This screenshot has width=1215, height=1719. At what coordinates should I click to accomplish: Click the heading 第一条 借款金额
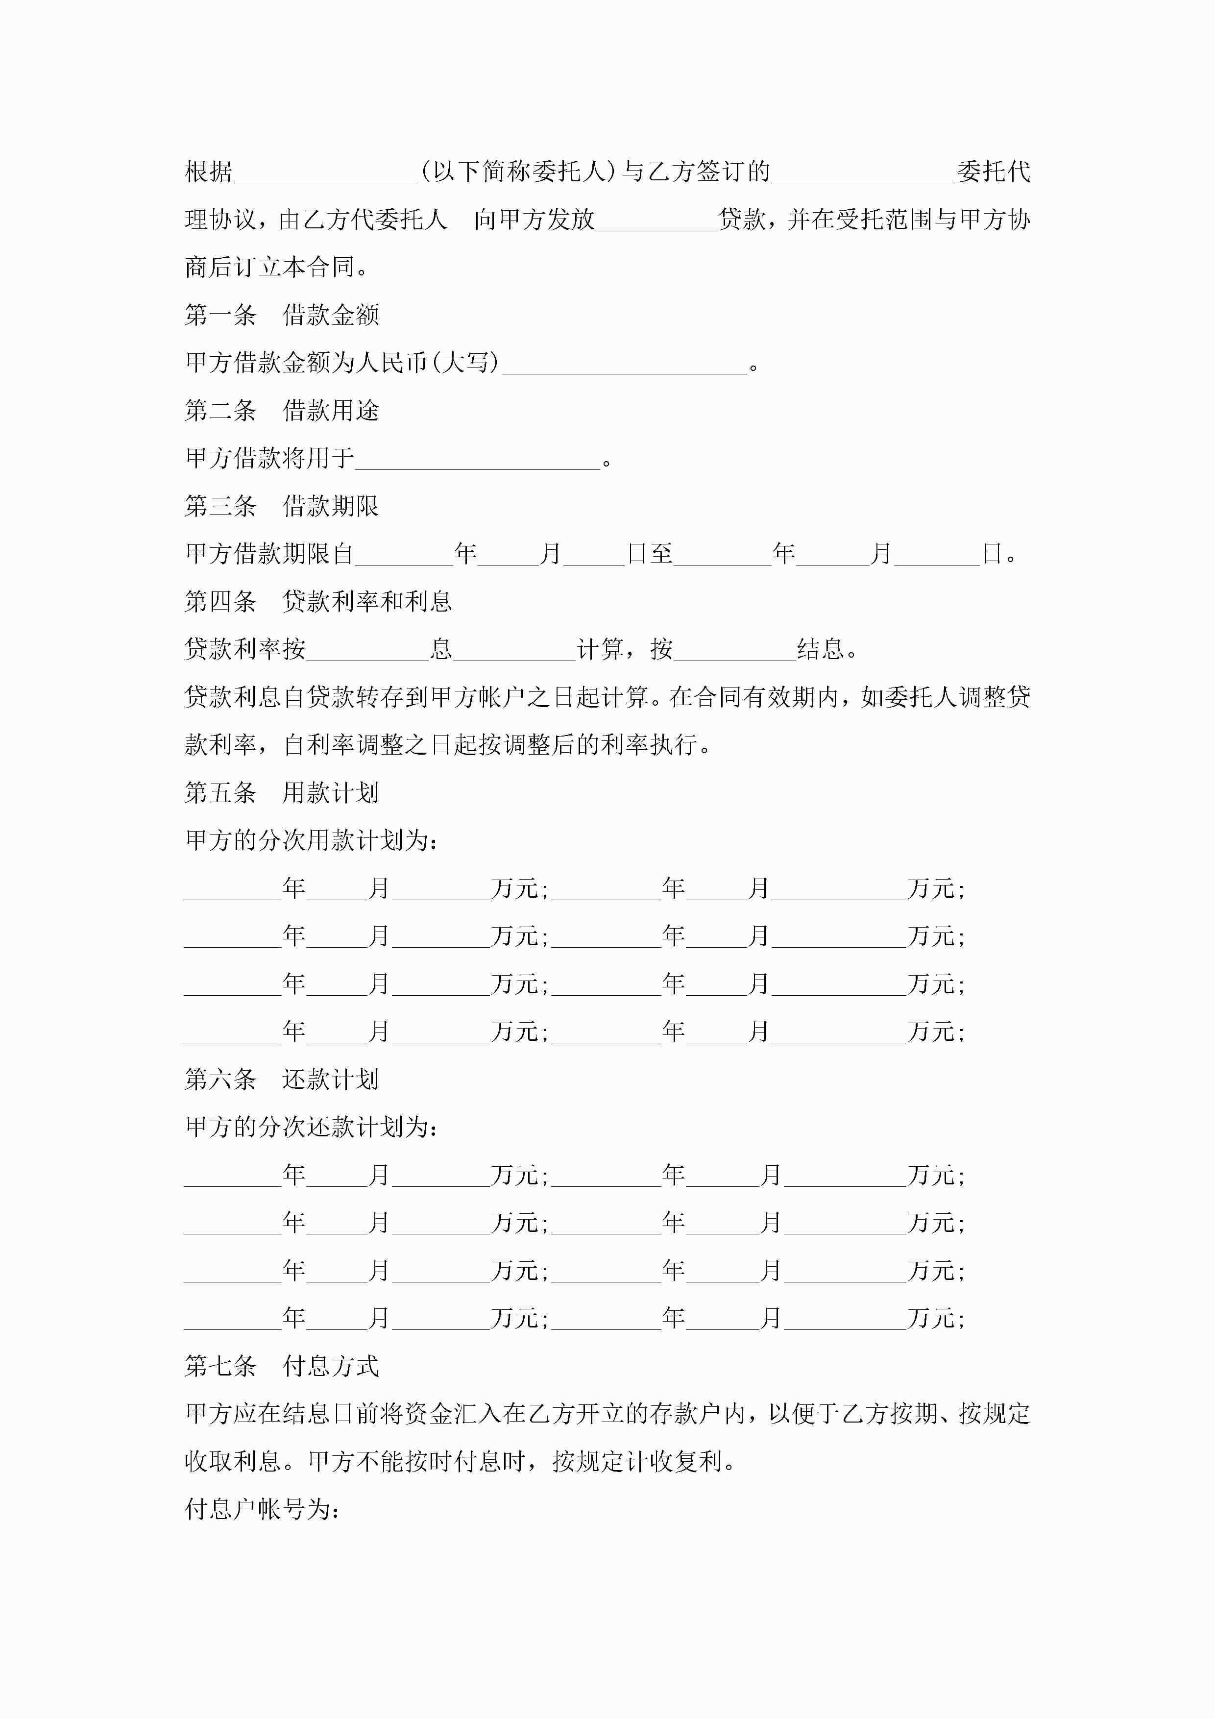pyautogui.click(x=282, y=315)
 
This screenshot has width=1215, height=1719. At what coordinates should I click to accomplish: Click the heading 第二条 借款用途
pyautogui.click(x=282, y=410)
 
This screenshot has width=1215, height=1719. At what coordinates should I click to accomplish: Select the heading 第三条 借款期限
pyautogui.click(x=282, y=506)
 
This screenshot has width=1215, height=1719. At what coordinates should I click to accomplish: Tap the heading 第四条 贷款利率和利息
pyautogui.click(x=318, y=601)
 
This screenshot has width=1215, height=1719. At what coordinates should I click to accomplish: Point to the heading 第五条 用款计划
pyautogui.click(x=282, y=792)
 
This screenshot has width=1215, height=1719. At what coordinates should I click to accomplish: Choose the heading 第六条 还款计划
pyautogui.click(x=282, y=1079)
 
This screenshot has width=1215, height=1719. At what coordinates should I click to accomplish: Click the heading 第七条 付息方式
pyautogui.click(x=282, y=1366)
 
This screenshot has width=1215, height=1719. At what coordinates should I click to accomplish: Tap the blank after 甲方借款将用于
pyautogui.click(x=478, y=459)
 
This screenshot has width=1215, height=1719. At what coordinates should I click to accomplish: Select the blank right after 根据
pyautogui.click(x=326, y=173)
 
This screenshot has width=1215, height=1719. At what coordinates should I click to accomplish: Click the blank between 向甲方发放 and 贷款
pyautogui.click(x=656, y=221)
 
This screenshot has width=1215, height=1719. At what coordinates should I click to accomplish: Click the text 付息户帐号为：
pyautogui.click(x=263, y=1509)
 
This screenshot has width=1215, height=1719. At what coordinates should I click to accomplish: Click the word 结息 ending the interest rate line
pyautogui.click(x=821, y=649)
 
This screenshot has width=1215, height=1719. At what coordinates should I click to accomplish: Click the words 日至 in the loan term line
pyautogui.click(x=650, y=554)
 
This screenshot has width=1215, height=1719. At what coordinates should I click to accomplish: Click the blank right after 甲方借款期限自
pyautogui.click(x=404, y=556)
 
